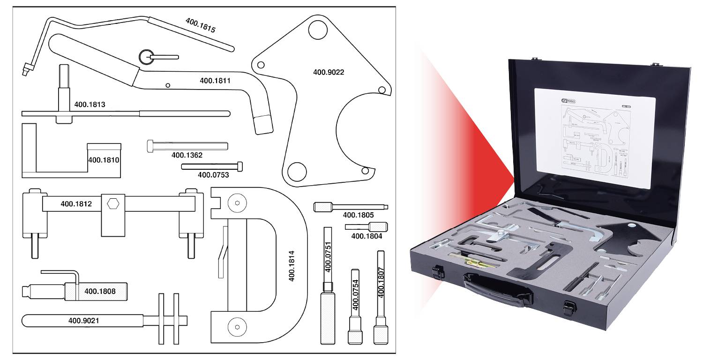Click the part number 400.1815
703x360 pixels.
(x=201, y=25)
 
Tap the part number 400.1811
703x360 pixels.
(x=215, y=81)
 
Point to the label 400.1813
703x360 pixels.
(x=90, y=105)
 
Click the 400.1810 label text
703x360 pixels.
(x=104, y=160)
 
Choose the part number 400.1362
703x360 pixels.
(x=187, y=155)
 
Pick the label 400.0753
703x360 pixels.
(x=213, y=175)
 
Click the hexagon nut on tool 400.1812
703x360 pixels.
(x=113, y=204)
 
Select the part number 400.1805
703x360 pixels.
(x=358, y=215)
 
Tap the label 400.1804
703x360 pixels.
(x=366, y=236)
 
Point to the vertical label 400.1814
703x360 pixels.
(x=292, y=265)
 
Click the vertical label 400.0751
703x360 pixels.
(x=328, y=256)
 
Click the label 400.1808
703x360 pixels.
(x=100, y=291)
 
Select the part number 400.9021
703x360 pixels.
(x=84, y=321)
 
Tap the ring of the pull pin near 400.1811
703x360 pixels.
(x=146, y=57)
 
